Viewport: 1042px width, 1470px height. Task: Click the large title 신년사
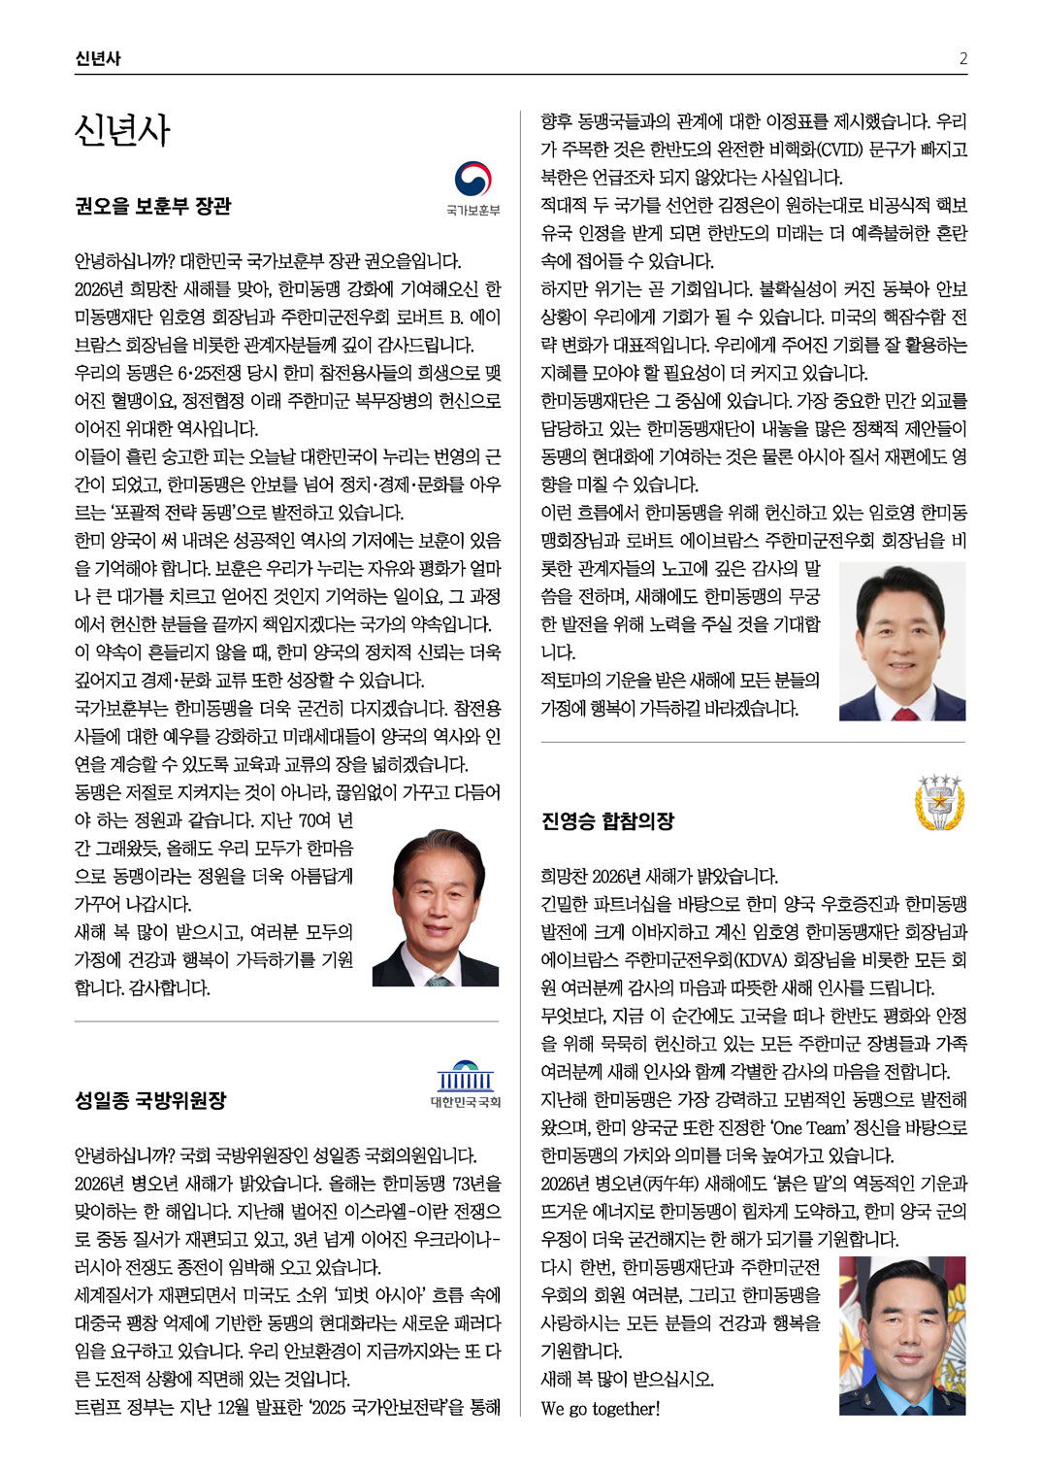(122, 131)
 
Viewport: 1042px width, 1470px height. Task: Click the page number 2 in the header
(962, 58)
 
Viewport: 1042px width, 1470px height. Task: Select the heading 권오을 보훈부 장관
(153, 207)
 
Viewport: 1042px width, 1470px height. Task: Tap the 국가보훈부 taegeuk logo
(472, 181)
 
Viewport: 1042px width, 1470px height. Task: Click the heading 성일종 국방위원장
(150, 1100)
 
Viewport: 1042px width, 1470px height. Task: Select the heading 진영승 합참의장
(607, 821)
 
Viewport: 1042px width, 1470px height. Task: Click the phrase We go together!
(601, 1408)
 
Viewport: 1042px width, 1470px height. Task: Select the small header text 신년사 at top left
(97, 58)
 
